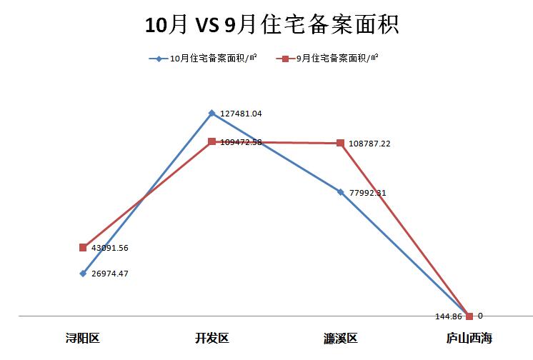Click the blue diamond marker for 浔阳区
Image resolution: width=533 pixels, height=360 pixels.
(x=83, y=274)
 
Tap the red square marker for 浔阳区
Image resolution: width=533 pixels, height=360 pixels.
(x=83, y=247)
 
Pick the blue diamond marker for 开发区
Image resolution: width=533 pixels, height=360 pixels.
(x=212, y=113)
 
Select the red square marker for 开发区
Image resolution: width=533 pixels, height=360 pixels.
(x=212, y=141)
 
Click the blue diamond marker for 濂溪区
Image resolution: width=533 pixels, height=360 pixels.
(x=341, y=191)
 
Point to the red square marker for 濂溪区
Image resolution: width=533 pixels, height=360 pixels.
(x=341, y=143)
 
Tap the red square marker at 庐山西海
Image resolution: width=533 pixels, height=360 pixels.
(x=469, y=316)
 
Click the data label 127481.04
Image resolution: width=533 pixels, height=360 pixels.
(x=241, y=114)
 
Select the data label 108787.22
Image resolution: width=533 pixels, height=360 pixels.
(x=369, y=144)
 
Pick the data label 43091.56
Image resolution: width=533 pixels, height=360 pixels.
(x=109, y=248)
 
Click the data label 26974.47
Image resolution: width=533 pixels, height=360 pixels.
(x=109, y=274)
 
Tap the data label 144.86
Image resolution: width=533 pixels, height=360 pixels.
(x=449, y=315)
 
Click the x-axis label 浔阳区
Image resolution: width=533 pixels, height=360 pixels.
(x=83, y=338)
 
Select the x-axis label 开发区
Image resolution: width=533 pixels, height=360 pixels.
(x=212, y=338)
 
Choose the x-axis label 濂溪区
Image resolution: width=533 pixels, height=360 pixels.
(x=341, y=338)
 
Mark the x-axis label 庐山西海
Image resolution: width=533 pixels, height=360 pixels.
(x=469, y=338)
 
